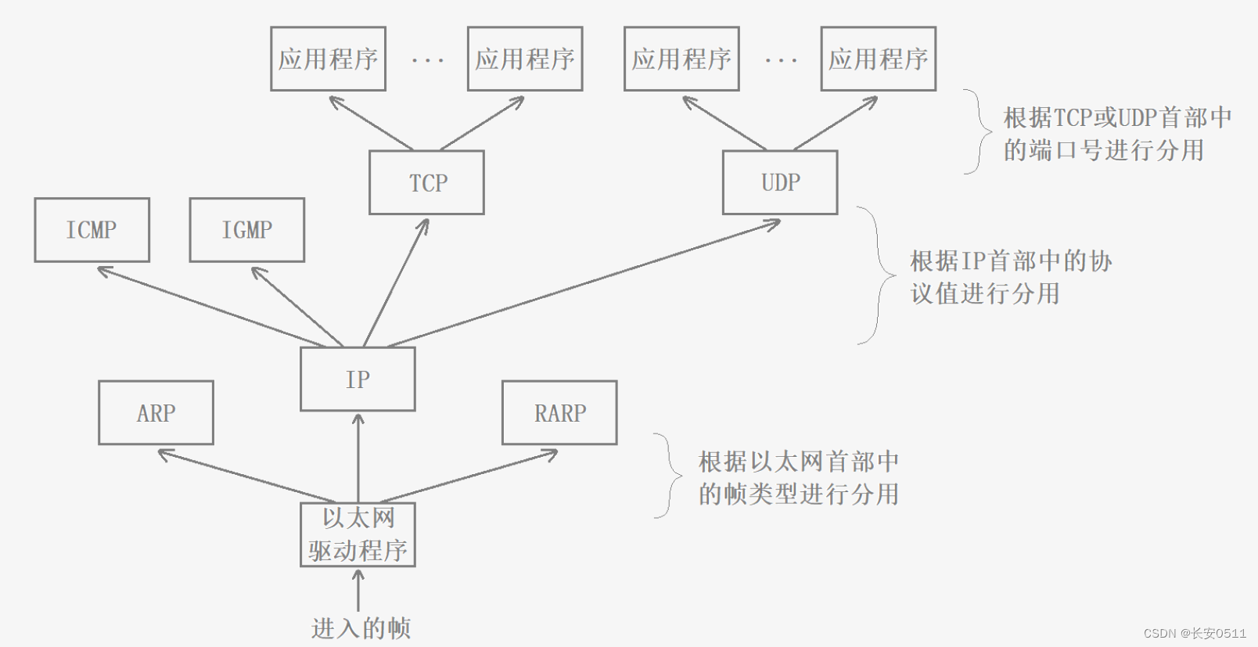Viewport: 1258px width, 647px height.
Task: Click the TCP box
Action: (426, 182)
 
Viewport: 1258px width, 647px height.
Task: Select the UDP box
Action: (780, 182)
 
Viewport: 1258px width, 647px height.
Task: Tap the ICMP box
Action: (92, 230)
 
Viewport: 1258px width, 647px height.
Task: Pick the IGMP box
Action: (246, 230)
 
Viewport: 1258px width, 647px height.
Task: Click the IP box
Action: (358, 379)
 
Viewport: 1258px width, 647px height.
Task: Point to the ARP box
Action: (156, 413)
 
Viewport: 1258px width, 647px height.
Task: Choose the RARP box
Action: (559, 413)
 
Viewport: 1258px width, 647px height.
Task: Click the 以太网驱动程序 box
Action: (358, 534)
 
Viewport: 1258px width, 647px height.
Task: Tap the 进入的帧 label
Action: (361, 628)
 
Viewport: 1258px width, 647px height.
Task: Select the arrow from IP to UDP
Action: (584, 283)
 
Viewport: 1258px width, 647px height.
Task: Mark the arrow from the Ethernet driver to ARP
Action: (246, 476)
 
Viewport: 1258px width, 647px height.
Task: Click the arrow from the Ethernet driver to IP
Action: (358, 458)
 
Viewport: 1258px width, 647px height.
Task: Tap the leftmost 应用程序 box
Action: (328, 59)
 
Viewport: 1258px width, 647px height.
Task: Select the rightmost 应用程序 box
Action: (878, 59)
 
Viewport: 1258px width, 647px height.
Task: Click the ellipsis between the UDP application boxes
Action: (781, 59)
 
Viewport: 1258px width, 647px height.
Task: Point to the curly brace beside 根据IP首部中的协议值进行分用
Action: (878, 275)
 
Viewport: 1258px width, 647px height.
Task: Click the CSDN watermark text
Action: (1195, 633)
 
